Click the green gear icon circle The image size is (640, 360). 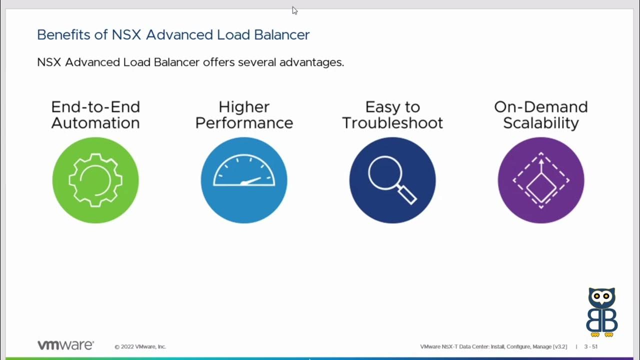pos(95,180)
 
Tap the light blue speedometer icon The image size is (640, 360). pos(244,180)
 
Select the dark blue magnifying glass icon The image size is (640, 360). pos(392,180)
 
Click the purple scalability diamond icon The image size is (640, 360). pos(541,180)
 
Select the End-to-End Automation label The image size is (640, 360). pos(95,115)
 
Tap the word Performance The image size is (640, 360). pos(244,123)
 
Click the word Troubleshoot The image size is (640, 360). pos(392,123)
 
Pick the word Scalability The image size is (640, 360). pos(541,123)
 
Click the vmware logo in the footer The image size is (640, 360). pos(65,345)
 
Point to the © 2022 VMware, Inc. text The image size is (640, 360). pos(140,346)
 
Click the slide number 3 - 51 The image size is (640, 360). pos(590,346)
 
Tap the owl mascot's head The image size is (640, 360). pos(601,298)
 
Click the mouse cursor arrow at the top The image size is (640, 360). pos(294,10)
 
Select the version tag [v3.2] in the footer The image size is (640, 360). pos(560,346)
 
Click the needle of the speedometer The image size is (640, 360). pos(251,181)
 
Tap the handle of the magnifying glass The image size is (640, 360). pos(407,195)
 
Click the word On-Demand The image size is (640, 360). pos(541,107)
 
